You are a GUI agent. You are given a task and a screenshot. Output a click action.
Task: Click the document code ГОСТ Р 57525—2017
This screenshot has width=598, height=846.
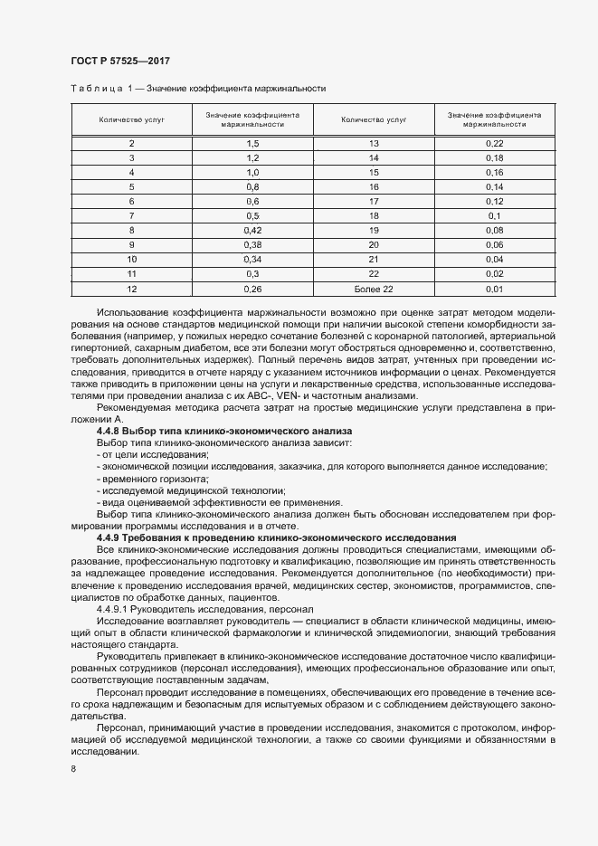click(x=119, y=61)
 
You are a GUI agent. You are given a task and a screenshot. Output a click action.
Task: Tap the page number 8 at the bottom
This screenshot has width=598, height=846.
click(x=72, y=768)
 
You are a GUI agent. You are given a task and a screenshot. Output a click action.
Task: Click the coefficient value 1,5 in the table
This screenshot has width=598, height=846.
click(x=252, y=144)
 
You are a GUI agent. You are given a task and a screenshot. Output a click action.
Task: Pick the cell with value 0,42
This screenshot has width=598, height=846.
click(x=252, y=231)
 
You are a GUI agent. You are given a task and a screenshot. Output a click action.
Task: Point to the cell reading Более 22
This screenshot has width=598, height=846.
click(x=374, y=289)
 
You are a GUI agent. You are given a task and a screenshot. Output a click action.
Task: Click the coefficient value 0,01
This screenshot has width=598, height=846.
click(x=494, y=289)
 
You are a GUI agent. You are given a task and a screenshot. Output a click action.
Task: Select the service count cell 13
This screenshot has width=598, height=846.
click(x=374, y=144)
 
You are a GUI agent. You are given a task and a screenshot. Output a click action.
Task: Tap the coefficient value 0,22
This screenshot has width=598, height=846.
click(x=494, y=144)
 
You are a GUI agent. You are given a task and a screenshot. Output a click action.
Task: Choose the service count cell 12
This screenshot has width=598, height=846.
click(x=131, y=289)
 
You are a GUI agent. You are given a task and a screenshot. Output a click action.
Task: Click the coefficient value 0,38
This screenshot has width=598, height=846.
click(x=252, y=245)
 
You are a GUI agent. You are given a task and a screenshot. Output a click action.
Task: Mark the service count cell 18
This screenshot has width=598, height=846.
click(x=374, y=216)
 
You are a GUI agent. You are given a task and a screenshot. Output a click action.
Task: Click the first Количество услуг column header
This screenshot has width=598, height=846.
click(x=131, y=119)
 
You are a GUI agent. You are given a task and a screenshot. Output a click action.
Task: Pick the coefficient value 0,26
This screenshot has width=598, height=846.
click(x=252, y=289)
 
